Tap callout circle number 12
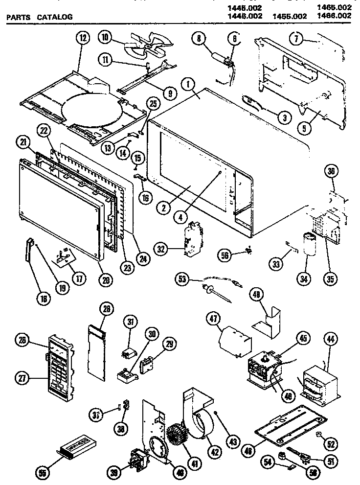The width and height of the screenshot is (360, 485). point(82,37)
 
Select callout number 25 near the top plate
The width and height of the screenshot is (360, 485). point(153,104)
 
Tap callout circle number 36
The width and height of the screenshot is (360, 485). point(331,172)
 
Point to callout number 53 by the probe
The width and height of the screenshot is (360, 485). point(182,279)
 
